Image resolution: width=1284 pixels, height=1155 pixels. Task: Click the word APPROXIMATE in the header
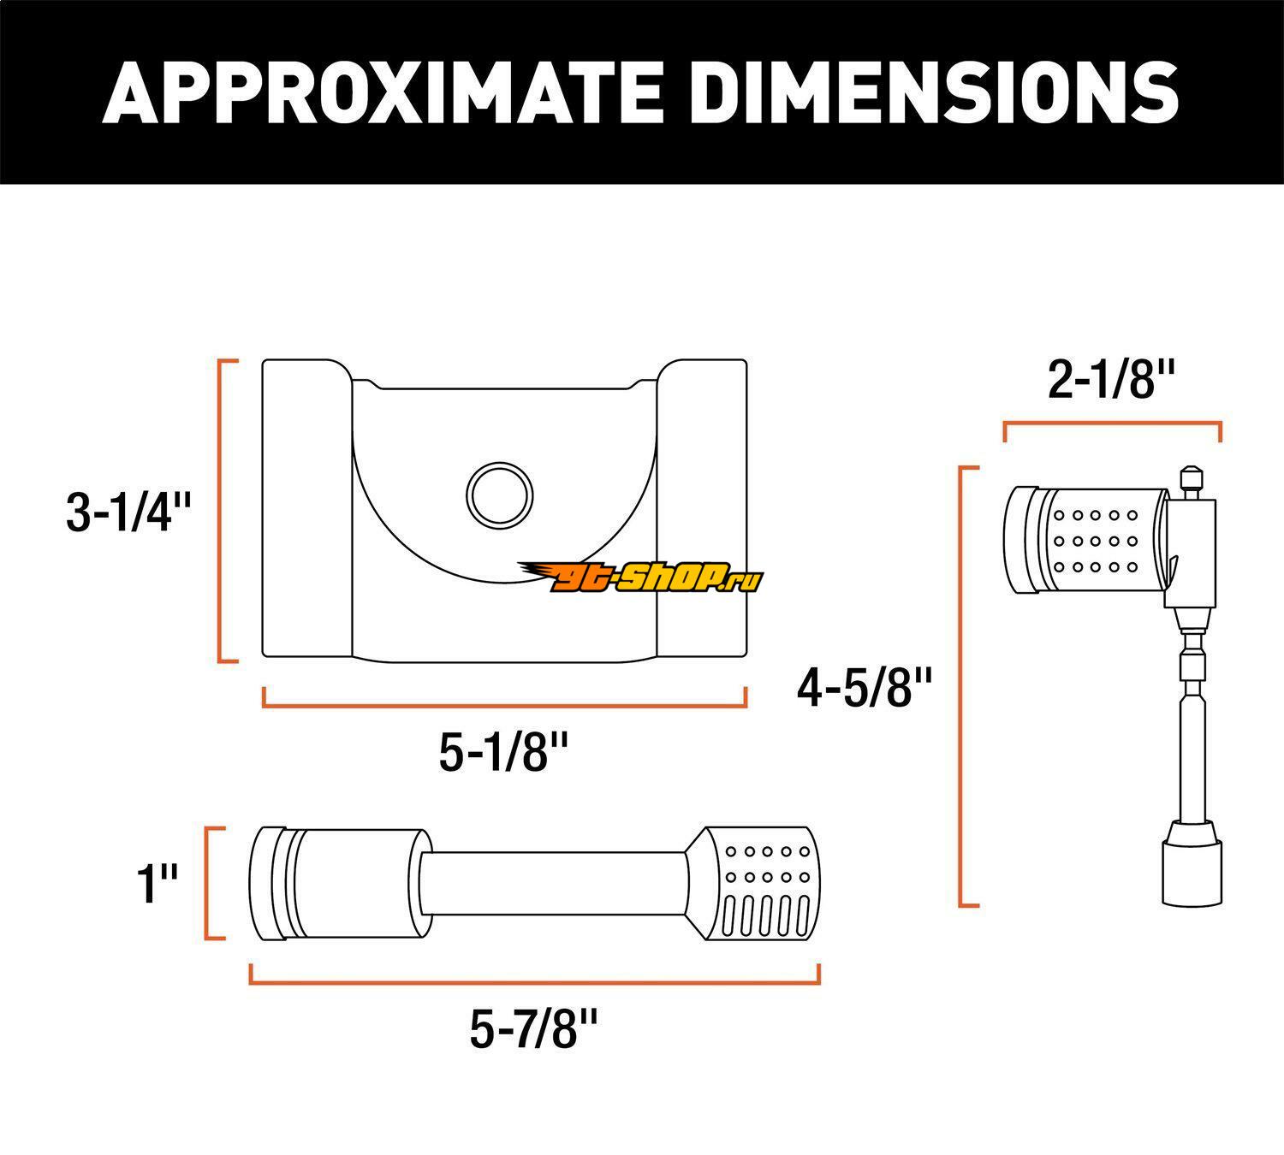click(x=382, y=92)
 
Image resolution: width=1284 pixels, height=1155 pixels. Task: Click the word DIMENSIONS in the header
click(x=935, y=92)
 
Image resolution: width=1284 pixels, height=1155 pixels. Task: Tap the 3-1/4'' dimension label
click(x=128, y=512)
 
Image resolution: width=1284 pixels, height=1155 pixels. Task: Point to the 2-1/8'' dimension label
click(x=1112, y=380)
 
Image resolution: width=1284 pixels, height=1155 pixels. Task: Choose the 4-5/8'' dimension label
click(x=864, y=688)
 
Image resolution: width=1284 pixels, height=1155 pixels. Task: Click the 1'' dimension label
click(x=157, y=885)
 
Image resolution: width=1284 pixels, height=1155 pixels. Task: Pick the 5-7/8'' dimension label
click(x=534, y=1028)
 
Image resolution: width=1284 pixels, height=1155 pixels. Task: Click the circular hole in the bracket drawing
click(x=499, y=495)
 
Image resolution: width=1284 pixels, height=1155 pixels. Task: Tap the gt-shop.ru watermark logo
click(x=640, y=576)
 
